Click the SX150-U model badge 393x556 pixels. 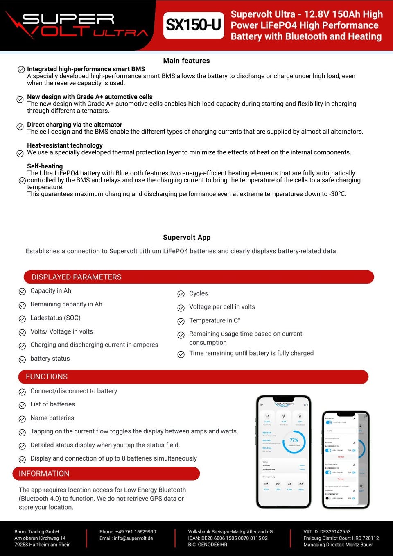[193, 25]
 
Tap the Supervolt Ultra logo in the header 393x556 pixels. [76, 25]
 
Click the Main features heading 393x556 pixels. [186, 61]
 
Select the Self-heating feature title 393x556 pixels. [45, 166]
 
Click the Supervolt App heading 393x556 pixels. [187, 237]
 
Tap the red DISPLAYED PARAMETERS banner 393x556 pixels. [199, 277]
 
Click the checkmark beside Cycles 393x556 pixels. [181, 294]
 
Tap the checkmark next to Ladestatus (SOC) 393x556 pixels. [22, 319]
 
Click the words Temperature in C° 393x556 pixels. [215, 320]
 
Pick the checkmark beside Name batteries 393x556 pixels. [22, 419]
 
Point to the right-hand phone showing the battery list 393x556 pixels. [346, 460]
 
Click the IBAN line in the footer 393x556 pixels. [228, 538]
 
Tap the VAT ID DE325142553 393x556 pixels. [327, 532]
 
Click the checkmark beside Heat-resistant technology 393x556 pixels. [20, 154]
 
